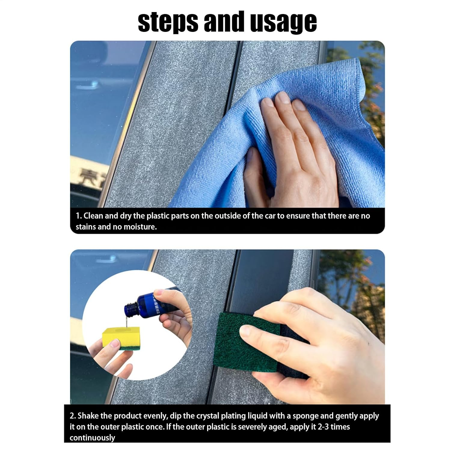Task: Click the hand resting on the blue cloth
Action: (x=295, y=150)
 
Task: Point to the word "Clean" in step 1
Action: (x=93, y=216)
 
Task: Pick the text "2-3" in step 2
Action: (x=325, y=427)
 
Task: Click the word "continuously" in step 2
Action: (x=92, y=438)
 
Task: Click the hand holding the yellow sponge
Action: (x=111, y=361)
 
